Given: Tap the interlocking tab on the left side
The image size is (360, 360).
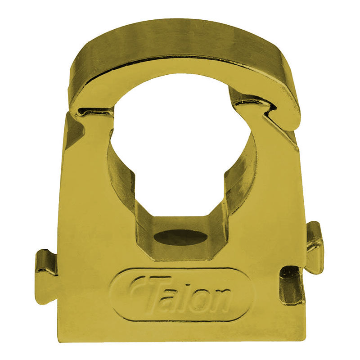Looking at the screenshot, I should click(x=46, y=263).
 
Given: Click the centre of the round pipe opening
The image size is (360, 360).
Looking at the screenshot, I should click(x=180, y=148).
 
